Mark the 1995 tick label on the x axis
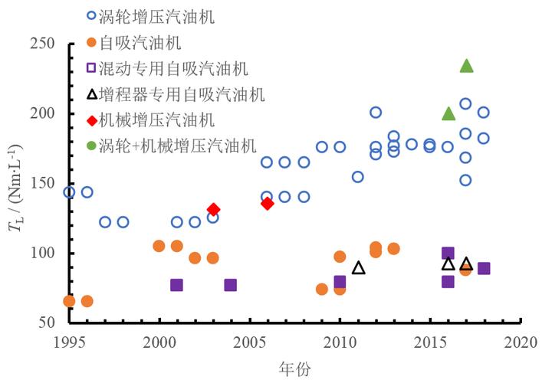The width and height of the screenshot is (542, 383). point(69,340)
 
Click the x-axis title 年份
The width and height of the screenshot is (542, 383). point(294,369)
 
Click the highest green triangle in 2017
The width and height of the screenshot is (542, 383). point(466,66)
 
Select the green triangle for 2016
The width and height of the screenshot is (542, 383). point(448,114)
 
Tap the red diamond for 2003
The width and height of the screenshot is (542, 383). point(213,209)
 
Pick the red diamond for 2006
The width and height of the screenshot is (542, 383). point(267,203)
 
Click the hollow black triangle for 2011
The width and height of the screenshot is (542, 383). point(358,268)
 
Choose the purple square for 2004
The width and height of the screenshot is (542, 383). point(231,285)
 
